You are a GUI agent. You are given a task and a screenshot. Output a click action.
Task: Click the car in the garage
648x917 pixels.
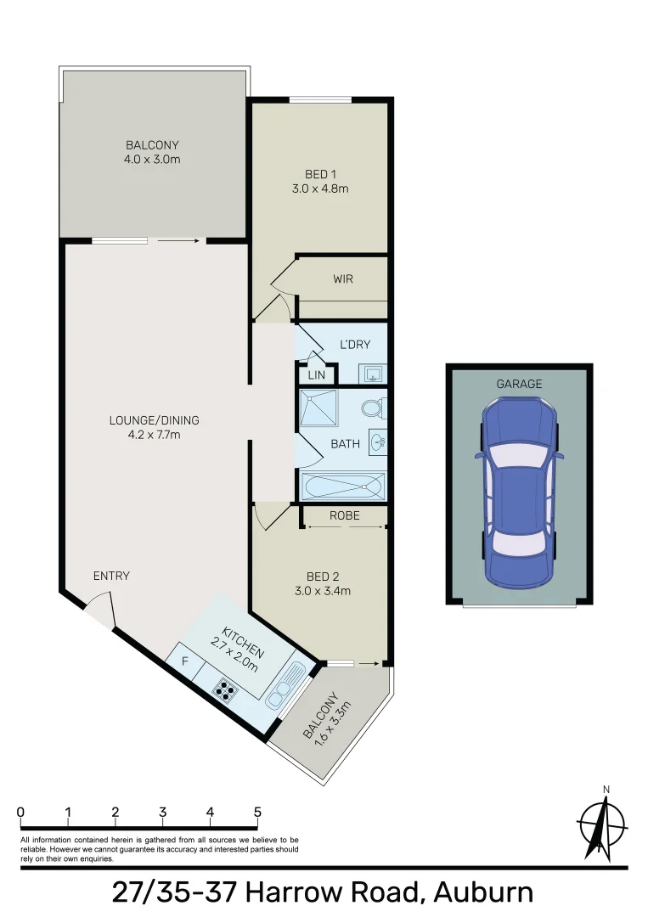pos(518,492)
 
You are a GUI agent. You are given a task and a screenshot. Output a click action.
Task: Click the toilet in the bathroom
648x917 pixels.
pos(372,410)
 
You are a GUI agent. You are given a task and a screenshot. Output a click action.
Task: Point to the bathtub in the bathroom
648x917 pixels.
pos(343,486)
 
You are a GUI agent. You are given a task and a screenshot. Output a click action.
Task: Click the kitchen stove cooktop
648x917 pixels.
pos(224,690)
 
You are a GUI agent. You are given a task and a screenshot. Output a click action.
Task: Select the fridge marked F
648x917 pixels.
pos(183,660)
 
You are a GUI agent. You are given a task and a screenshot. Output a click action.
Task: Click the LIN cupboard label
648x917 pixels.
pos(317,374)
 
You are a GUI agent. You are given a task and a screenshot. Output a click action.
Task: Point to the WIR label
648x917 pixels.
pos(343,278)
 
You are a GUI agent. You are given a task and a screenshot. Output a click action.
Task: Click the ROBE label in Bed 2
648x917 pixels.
pos(344,515)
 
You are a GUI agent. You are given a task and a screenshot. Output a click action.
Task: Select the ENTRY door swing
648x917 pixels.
pos(99,610)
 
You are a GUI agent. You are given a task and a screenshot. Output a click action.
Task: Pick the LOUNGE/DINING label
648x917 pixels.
pos(154,420)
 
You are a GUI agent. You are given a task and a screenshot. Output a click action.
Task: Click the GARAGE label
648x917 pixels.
pos(518,384)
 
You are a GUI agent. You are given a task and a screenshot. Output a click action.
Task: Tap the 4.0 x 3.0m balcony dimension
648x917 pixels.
pos(153,159)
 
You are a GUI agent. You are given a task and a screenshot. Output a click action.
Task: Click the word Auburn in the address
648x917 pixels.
pos(483,892)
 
